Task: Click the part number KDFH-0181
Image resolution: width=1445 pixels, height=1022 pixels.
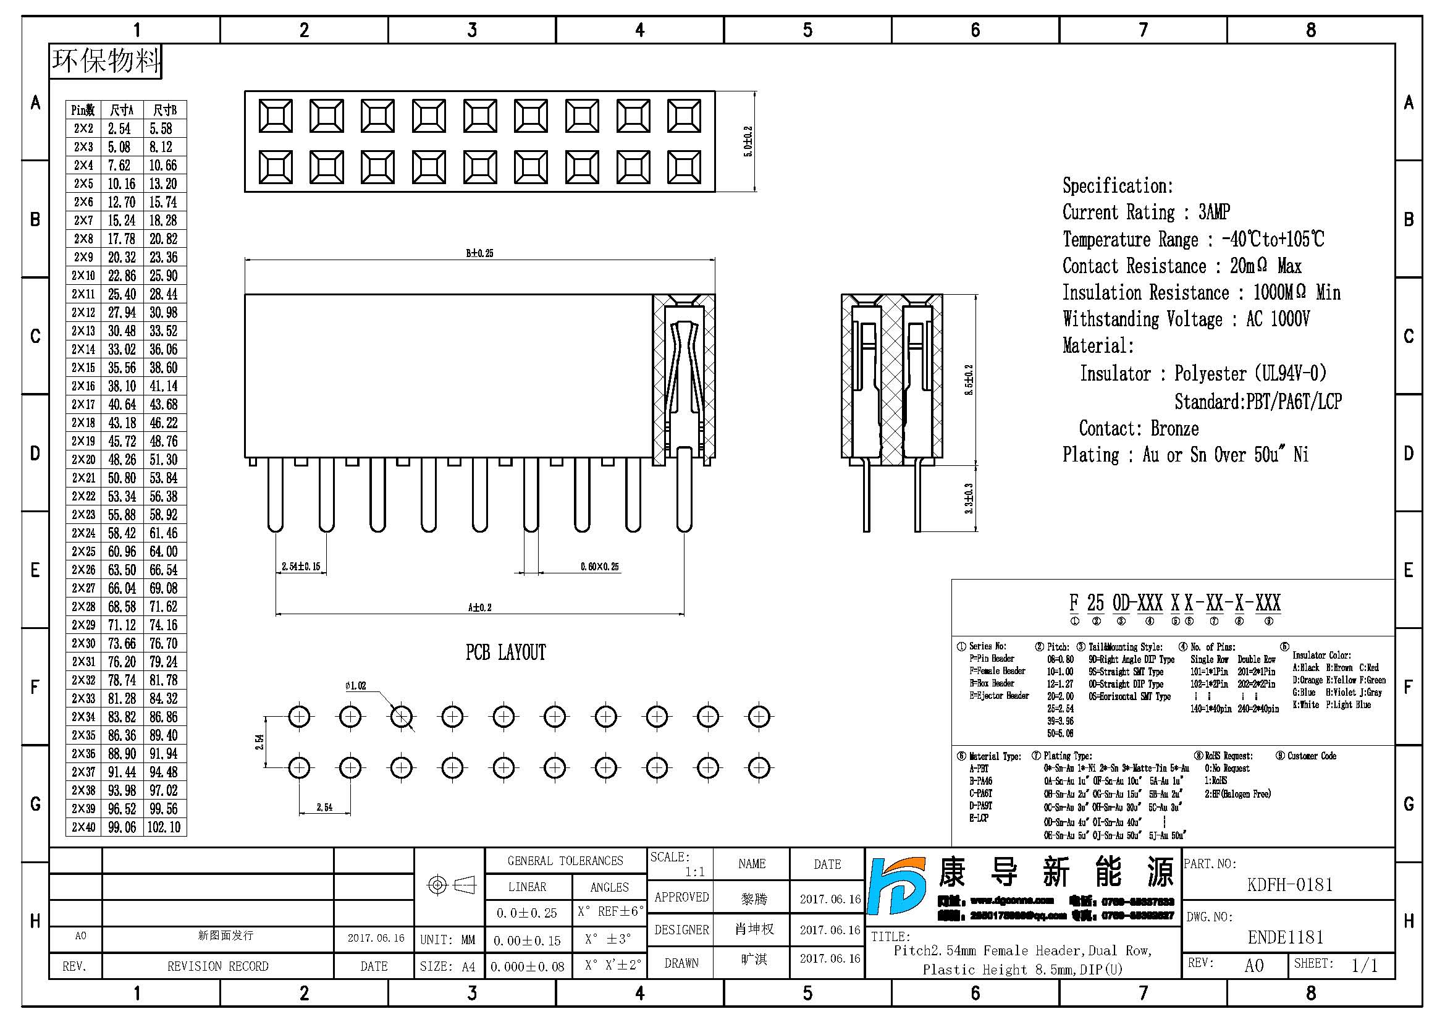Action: point(1289,885)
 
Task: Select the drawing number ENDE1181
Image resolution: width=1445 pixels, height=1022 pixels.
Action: point(1285,937)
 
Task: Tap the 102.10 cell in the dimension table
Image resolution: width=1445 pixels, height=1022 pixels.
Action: point(164,827)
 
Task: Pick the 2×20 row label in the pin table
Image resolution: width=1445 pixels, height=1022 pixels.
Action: point(83,459)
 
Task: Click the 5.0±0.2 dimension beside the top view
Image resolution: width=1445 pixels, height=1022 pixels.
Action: point(748,141)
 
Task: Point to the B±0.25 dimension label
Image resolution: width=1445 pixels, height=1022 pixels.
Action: point(479,253)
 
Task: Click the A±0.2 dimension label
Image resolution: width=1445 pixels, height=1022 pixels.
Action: point(479,607)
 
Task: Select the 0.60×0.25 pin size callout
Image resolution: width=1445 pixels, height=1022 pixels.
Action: point(599,567)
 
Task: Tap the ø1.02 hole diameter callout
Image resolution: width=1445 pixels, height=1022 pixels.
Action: point(356,685)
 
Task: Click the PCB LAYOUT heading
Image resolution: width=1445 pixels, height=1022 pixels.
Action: point(505,652)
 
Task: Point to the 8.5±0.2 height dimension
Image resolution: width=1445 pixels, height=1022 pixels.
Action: point(969,379)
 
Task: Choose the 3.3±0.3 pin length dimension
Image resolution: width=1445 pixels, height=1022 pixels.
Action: point(969,499)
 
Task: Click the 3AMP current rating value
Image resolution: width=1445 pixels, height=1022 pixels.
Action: point(1214,212)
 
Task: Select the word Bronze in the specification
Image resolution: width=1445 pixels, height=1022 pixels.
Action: point(1174,429)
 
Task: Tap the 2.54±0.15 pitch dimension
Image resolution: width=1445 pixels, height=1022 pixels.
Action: point(301,567)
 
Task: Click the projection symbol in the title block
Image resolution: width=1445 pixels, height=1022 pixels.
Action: point(450,885)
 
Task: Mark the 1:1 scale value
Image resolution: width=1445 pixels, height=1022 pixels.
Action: point(695,872)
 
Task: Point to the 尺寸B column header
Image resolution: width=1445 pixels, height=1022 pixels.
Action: point(165,110)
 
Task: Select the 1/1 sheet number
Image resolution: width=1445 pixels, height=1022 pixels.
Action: point(1365,965)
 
